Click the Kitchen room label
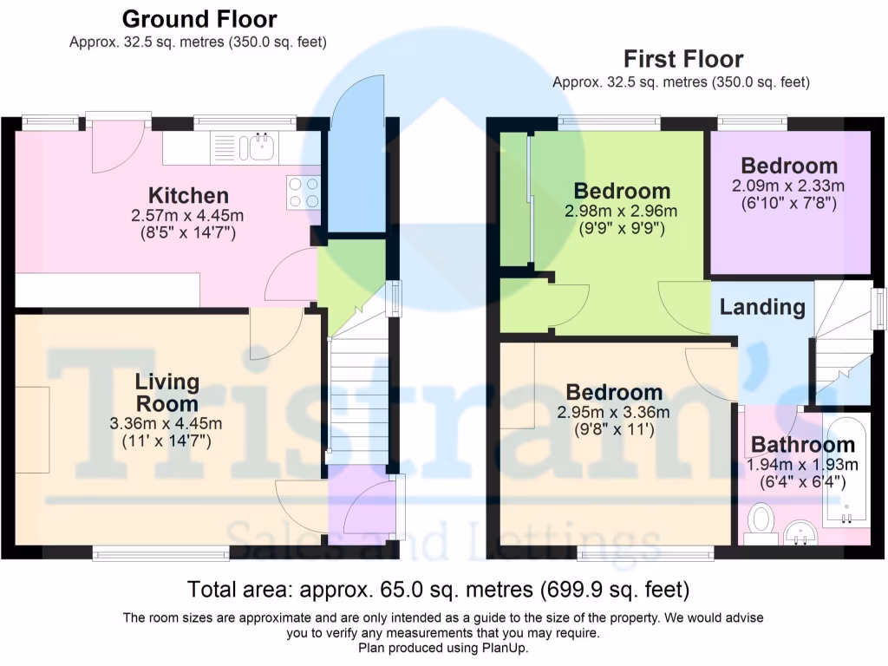pyautogui.click(x=188, y=195)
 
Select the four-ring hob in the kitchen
pyautogui.click(x=303, y=192)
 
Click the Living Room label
pyautogui.click(x=166, y=393)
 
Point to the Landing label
pyautogui.click(x=762, y=307)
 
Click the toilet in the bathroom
pyautogui.click(x=761, y=522)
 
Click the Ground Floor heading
pyautogui.click(x=199, y=19)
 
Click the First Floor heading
pyautogui.click(x=682, y=60)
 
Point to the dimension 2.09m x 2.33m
pyautogui.click(x=789, y=186)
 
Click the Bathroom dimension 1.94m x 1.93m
pyautogui.click(x=803, y=465)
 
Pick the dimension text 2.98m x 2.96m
pyautogui.click(x=622, y=212)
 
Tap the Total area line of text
pyautogui.click(x=438, y=591)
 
